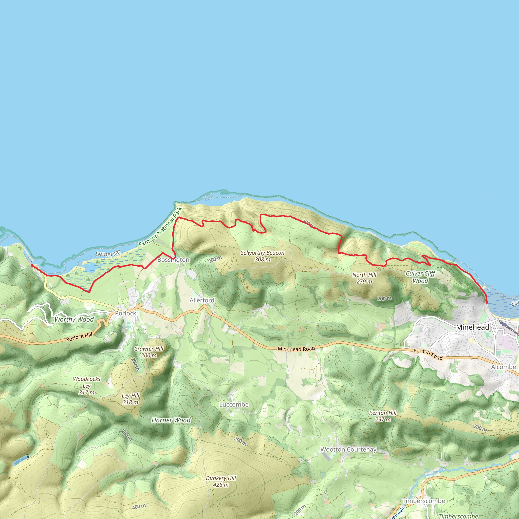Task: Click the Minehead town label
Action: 473,327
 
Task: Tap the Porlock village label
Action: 125,313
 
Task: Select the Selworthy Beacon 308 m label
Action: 262,256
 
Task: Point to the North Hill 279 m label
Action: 364,278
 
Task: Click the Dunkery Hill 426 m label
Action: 221,481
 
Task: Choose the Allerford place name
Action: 202,300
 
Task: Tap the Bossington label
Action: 173,260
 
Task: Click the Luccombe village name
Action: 234,404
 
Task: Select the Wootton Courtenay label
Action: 348,449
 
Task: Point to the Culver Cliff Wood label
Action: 420,277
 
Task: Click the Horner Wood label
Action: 171,420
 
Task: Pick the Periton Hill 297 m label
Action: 383,416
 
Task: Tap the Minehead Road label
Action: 296,349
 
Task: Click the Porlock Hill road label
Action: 79,337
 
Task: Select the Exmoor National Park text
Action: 160,227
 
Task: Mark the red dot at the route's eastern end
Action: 487,303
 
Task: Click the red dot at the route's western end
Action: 32,265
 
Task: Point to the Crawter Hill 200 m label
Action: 149,352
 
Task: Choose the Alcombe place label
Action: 504,367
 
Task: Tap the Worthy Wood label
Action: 74,319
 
